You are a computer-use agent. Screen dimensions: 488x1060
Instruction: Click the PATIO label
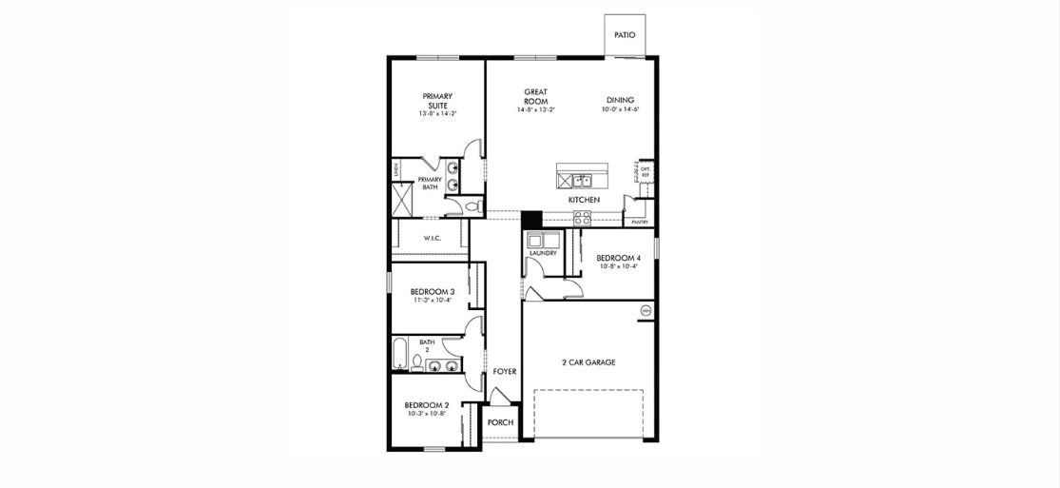(624, 35)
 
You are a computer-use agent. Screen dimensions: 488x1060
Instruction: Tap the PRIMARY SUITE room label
(437, 100)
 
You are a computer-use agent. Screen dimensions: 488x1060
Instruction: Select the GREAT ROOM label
(535, 97)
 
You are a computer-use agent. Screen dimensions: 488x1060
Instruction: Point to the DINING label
(620, 100)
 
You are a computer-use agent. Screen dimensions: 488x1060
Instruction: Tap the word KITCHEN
(584, 201)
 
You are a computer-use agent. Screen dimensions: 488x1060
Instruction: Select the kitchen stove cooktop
(581, 219)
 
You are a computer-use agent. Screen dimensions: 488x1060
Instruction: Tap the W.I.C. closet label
(434, 239)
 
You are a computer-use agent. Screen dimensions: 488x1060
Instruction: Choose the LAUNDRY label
(543, 253)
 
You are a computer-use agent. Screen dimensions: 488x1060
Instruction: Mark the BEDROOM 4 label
(618, 258)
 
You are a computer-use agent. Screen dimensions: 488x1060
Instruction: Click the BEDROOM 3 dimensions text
(433, 301)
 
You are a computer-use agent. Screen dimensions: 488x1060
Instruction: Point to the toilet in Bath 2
(415, 362)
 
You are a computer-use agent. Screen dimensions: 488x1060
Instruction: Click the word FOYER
(505, 372)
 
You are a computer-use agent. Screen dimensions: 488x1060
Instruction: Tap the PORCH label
(500, 422)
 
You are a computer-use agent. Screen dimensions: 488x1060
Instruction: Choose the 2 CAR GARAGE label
(588, 362)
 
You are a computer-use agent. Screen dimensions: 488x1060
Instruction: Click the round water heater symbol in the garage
(646, 310)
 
